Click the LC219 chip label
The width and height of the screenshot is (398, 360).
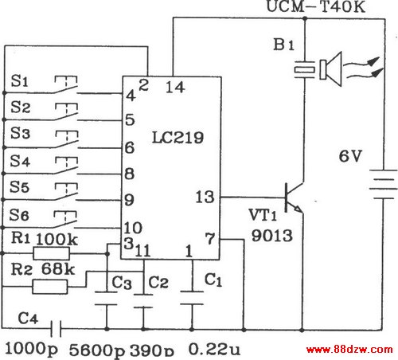[178, 138]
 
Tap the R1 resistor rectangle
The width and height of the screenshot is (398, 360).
[52, 253]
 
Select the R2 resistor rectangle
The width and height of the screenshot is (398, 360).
[50, 287]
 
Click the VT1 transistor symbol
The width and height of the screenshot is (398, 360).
[294, 198]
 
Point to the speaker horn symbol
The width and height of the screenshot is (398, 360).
[330, 69]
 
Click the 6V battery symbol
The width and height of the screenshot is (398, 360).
[383, 184]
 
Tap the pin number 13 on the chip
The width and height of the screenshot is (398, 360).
[205, 197]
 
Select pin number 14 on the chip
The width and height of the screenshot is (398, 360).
[175, 87]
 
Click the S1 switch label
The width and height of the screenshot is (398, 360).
[19, 80]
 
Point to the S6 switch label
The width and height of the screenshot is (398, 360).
[18, 215]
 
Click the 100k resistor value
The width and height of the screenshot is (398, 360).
[57, 239]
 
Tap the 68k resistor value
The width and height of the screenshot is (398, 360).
[58, 269]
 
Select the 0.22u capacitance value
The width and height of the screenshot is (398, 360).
[214, 349]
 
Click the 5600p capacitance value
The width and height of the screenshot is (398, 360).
[97, 350]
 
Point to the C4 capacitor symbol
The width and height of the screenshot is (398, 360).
[56, 328]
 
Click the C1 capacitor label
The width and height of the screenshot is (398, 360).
[213, 280]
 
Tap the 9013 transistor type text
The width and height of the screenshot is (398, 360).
[271, 235]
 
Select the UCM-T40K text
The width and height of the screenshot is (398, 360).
[316, 6]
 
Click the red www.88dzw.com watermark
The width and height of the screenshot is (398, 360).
[349, 350]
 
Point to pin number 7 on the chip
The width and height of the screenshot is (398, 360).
[210, 238]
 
